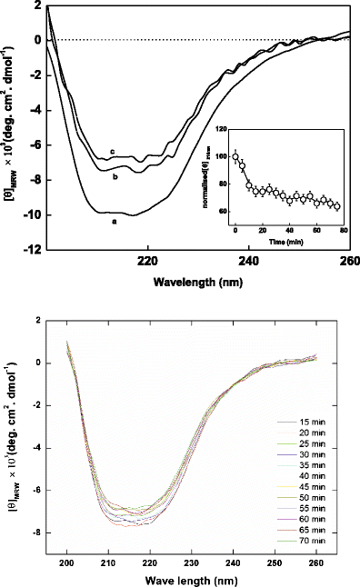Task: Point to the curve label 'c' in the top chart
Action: (111, 152)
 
